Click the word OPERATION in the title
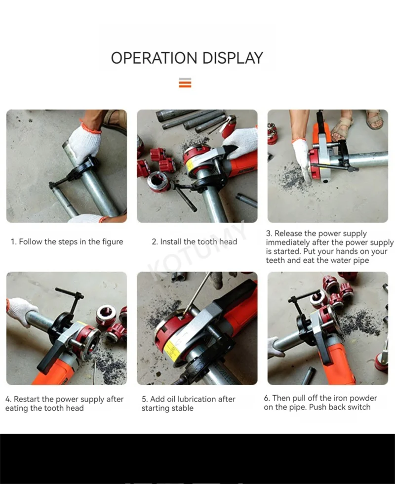point(154,58)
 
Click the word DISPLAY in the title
point(233,58)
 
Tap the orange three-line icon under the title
point(185,83)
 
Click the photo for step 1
point(67,166)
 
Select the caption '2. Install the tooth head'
point(195,242)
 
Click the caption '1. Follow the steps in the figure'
point(67,242)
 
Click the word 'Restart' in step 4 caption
point(27,399)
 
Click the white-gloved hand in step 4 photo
point(21,310)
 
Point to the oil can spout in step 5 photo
point(197,293)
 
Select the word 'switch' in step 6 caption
point(358,407)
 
